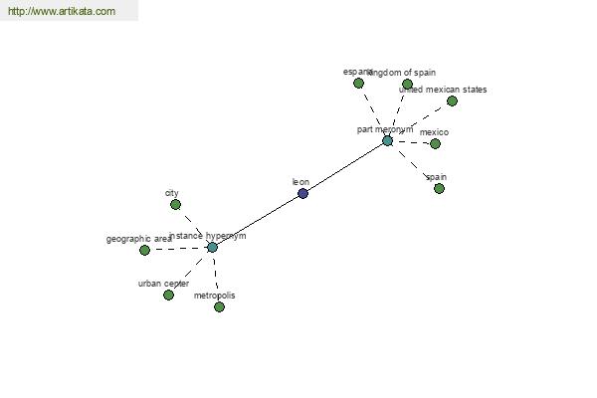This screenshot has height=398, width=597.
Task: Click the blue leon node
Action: [302, 193]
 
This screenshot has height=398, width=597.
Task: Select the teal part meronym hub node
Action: [387, 141]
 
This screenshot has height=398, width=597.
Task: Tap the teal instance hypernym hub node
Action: [212, 247]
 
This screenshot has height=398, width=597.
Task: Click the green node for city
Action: [175, 205]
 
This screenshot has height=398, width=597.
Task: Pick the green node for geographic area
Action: [144, 251]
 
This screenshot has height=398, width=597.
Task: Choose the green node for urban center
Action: [168, 296]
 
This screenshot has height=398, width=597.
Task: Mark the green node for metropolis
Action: [219, 307]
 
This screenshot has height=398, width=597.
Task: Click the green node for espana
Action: [358, 84]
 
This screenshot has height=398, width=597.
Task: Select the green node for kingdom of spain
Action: [407, 85]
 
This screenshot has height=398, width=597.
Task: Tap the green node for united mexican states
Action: [452, 101]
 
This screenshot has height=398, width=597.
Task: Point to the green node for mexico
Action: [435, 144]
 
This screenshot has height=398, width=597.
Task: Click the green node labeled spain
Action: [439, 189]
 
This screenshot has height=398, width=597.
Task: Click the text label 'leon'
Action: [300, 182]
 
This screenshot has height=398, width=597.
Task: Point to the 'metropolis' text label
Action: [215, 296]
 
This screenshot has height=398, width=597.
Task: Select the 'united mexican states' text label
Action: [443, 90]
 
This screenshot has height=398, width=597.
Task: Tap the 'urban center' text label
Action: [163, 284]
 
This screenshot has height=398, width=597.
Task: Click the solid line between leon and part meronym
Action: [345, 167]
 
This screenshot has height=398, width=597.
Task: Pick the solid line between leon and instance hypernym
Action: [257, 220]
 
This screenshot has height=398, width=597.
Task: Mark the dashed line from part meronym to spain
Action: [413, 165]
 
